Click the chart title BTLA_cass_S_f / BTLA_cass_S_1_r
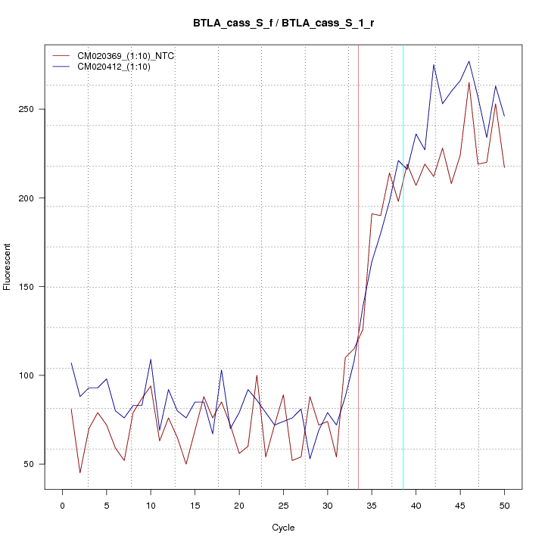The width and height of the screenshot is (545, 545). click(x=283, y=23)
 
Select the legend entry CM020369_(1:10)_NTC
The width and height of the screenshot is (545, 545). click(x=120, y=55)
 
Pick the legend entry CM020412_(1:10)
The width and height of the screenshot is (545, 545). click(x=113, y=67)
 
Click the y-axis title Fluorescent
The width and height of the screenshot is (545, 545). click(x=8, y=266)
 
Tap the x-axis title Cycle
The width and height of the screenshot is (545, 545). click(x=283, y=528)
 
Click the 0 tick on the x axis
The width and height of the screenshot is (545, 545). click(x=62, y=505)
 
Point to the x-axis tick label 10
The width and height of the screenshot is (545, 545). click(x=151, y=505)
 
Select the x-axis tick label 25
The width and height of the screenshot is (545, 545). click(x=283, y=505)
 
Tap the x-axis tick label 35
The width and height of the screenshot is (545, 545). click(x=372, y=505)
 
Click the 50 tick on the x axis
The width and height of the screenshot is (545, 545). click(x=504, y=505)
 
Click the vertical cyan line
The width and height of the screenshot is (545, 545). click(x=403, y=265)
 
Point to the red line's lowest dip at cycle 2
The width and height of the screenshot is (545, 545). click(x=80, y=473)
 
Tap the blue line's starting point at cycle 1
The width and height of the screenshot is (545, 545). click(x=71, y=363)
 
